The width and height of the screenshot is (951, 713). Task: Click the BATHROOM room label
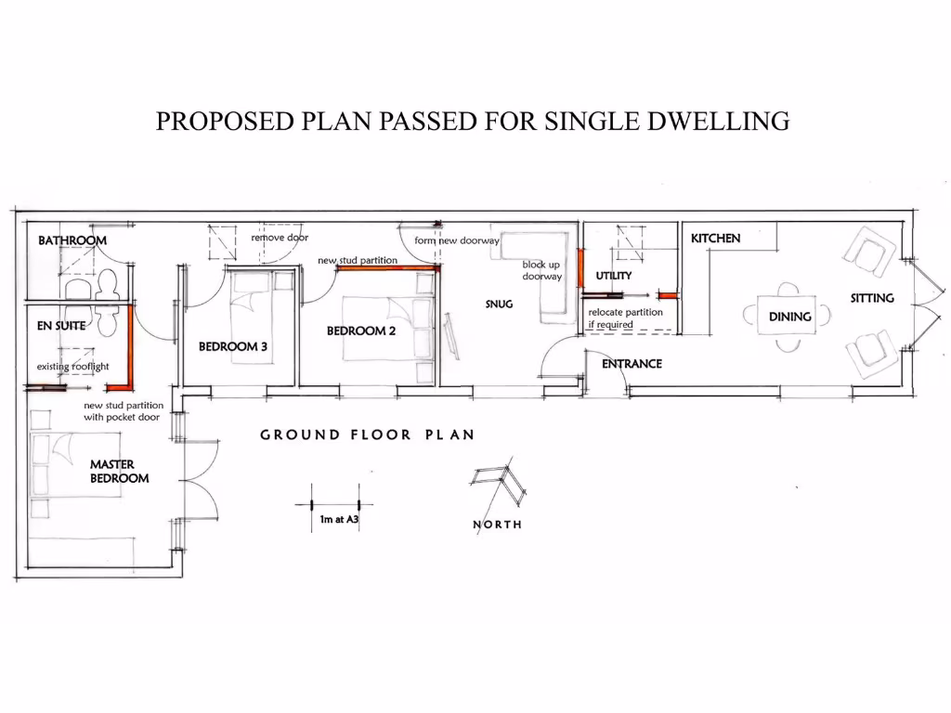[x=72, y=240]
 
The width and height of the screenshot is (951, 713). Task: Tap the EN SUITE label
[x=61, y=326]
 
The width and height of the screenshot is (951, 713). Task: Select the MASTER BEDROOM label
[x=119, y=472]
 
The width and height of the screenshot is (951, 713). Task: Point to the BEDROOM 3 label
[x=233, y=347]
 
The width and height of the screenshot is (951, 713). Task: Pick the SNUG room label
[x=499, y=304]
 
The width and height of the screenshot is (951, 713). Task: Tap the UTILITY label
[x=614, y=276]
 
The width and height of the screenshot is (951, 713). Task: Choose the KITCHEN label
[x=715, y=239]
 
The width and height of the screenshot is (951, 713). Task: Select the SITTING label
[x=872, y=298]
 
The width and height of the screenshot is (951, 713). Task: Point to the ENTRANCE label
[x=632, y=364]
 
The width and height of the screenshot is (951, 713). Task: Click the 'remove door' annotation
[x=280, y=239]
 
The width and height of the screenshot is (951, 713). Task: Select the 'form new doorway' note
[x=457, y=241]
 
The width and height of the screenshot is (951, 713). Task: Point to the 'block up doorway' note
[x=541, y=270]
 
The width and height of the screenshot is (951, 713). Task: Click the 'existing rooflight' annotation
[x=73, y=367]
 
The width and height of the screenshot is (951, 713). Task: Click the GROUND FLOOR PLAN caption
[x=367, y=434]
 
